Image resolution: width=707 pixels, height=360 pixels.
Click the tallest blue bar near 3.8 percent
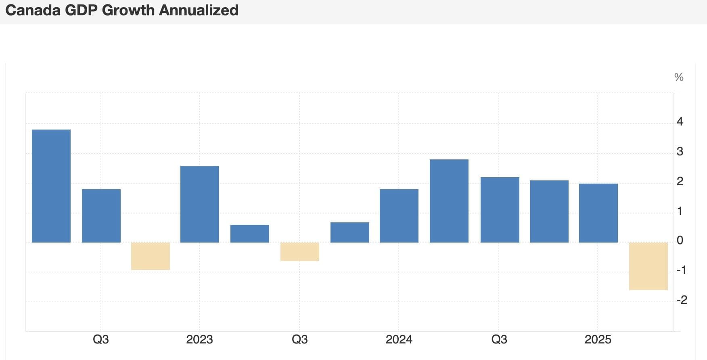pos(51,186)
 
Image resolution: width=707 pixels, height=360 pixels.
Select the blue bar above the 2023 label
pos(200,204)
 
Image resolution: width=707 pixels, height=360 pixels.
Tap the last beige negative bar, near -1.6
pos(648,266)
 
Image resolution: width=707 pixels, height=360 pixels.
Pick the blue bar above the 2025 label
pos(598,213)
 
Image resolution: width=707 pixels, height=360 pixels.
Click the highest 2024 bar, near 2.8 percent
pos(449,201)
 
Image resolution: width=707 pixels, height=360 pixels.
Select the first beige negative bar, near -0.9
pos(151,256)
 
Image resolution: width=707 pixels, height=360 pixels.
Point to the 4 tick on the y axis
pos(680,121)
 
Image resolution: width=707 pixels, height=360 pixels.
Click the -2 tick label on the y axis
pos(682,300)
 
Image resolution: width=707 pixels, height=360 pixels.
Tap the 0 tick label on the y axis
pos(680,241)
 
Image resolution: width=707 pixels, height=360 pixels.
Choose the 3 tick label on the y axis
pos(680,152)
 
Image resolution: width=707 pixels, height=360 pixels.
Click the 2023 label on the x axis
pos(199,339)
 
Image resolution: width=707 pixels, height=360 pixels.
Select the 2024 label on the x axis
pos(399,339)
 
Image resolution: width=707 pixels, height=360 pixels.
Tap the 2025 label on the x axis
pos(598,339)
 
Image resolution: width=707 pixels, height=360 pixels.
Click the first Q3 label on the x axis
pos(100,339)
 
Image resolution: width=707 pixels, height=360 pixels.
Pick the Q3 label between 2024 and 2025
pos(499,339)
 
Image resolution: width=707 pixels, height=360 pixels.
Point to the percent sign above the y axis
pos(679,77)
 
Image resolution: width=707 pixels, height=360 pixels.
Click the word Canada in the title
pos(33,10)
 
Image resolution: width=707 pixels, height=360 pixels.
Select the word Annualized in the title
pos(199,10)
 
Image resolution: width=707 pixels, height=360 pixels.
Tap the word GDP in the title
pos(81,10)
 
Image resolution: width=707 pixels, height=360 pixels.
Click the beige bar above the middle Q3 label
pos(300,251)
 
